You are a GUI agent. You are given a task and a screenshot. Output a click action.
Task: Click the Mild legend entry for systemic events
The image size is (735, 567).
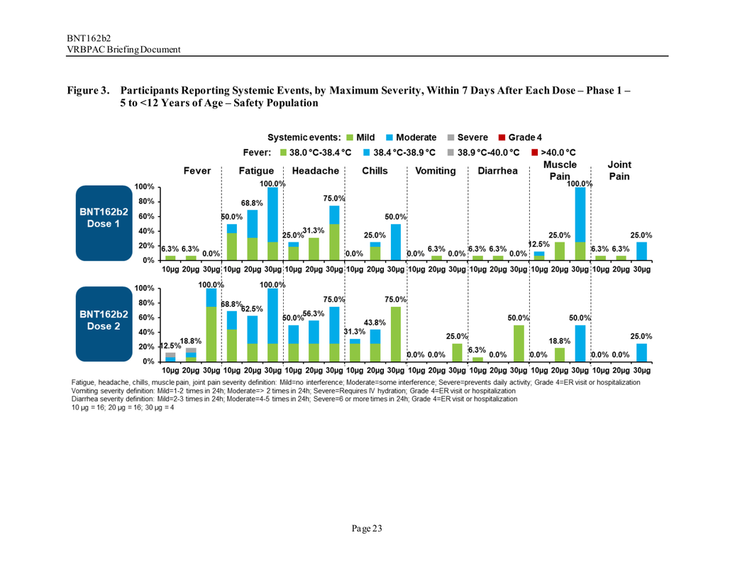point(360,137)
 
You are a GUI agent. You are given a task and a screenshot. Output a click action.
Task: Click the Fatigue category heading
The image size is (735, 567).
point(256,171)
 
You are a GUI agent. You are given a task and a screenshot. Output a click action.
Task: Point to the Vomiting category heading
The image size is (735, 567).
point(436,171)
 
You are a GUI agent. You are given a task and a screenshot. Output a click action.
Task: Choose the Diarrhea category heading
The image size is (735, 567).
point(497,171)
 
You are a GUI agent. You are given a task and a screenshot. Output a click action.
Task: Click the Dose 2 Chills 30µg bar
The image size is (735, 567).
point(395,334)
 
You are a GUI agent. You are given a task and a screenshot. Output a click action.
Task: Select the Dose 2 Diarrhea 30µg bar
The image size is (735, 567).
point(519,343)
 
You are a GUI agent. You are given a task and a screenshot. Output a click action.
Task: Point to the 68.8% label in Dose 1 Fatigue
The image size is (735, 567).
point(252,203)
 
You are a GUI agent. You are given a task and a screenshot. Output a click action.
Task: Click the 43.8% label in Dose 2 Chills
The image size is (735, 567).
point(374,322)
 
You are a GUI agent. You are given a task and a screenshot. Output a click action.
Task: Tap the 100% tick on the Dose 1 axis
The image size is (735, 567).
point(144,187)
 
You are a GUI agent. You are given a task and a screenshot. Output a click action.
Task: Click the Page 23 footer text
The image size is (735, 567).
point(367,528)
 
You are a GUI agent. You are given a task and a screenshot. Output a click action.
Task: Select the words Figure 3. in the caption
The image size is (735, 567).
point(89,91)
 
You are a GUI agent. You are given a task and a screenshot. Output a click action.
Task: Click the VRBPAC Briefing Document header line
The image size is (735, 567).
point(123,49)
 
